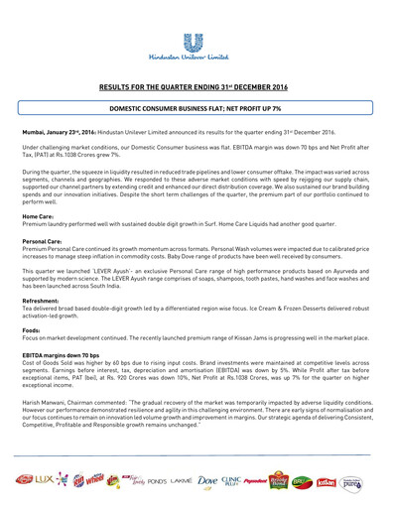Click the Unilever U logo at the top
point(196,41)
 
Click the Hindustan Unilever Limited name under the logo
point(196,62)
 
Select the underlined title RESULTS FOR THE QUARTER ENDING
point(196,87)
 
